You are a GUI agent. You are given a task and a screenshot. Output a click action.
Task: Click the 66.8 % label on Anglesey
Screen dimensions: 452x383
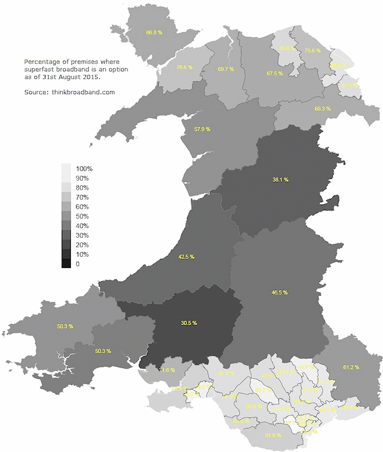(154, 33)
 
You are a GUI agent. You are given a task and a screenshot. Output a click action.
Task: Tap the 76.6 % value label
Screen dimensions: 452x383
(184, 67)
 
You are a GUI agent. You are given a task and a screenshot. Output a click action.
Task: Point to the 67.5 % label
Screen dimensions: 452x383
(275, 74)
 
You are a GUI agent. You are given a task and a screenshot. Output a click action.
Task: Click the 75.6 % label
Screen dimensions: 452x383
(313, 50)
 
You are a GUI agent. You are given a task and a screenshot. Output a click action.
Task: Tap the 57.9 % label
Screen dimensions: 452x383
(202, 129)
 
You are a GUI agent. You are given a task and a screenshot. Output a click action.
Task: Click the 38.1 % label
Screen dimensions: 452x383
(280, 179)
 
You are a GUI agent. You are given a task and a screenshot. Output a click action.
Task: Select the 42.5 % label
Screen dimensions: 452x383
(186, 257)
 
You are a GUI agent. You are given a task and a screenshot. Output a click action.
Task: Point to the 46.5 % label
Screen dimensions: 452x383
(280, 293)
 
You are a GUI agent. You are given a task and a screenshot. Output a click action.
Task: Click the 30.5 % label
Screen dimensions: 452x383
(189, 323)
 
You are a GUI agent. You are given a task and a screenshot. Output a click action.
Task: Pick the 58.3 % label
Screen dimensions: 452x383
(65, 327)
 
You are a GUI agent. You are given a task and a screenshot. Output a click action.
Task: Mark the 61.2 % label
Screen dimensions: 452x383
(351, 367)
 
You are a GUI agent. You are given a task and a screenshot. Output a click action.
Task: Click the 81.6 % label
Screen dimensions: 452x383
(274, 435)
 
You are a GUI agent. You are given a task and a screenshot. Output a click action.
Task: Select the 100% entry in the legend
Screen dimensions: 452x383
(84, 169)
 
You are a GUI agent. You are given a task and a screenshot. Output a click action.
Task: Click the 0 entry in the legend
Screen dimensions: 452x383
(78, 264)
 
